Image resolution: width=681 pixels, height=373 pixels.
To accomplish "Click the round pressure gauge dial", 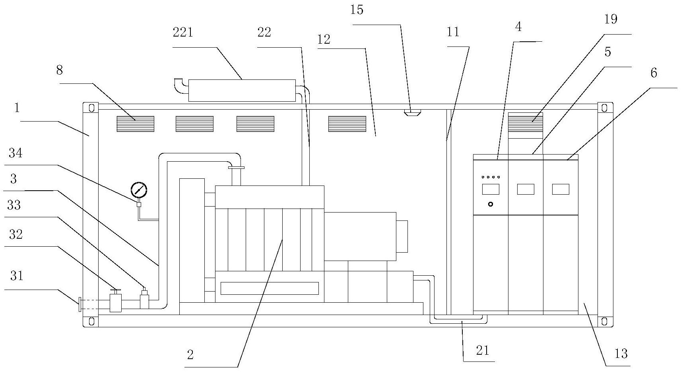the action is pyautogui.click(x=139, y=190).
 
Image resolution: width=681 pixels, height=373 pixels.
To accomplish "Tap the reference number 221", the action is pyautogui.click(x=183, y=33).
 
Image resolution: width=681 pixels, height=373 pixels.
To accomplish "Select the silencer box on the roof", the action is pyautogui.click(x=242, y=91).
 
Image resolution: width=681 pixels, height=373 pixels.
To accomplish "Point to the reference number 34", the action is pyautogui.click(x=16, y=153).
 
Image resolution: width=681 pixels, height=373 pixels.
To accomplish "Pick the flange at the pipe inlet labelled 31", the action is pyautogui.click(x=80, y=304).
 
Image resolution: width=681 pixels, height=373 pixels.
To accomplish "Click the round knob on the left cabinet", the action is pyautogui.click(x=491, y=204).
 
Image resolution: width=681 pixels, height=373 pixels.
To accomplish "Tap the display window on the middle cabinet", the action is pyautogui.click(x=526, y=189).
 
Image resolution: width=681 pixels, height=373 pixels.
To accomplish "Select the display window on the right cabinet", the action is pyautogui.click(x=561, y=189).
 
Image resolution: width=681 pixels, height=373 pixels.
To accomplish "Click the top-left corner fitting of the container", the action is pyautogui.click(x=91, y=108).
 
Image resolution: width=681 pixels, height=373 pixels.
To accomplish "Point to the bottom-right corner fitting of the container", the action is pyautogui.click(x=604, y=321).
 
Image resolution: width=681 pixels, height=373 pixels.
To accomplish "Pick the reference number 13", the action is pyautogui.click(x=621, y=354).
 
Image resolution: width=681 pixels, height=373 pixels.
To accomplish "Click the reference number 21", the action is pyautogui.click(x=483, y=351).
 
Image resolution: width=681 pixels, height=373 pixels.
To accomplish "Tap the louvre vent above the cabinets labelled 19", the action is pyautogui.click(x=526, y=122).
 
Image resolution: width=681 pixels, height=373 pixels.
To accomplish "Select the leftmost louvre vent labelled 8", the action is pyautogui.click(x=135, y=124).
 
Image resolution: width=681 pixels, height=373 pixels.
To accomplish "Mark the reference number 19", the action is pyautogui.click(x=611, y=20).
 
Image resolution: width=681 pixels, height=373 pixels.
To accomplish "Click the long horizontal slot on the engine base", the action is pyautogui.click(x=270, y=288).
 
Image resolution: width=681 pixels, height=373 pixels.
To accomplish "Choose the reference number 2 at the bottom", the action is pyautogui.click(x=190, y=355).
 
